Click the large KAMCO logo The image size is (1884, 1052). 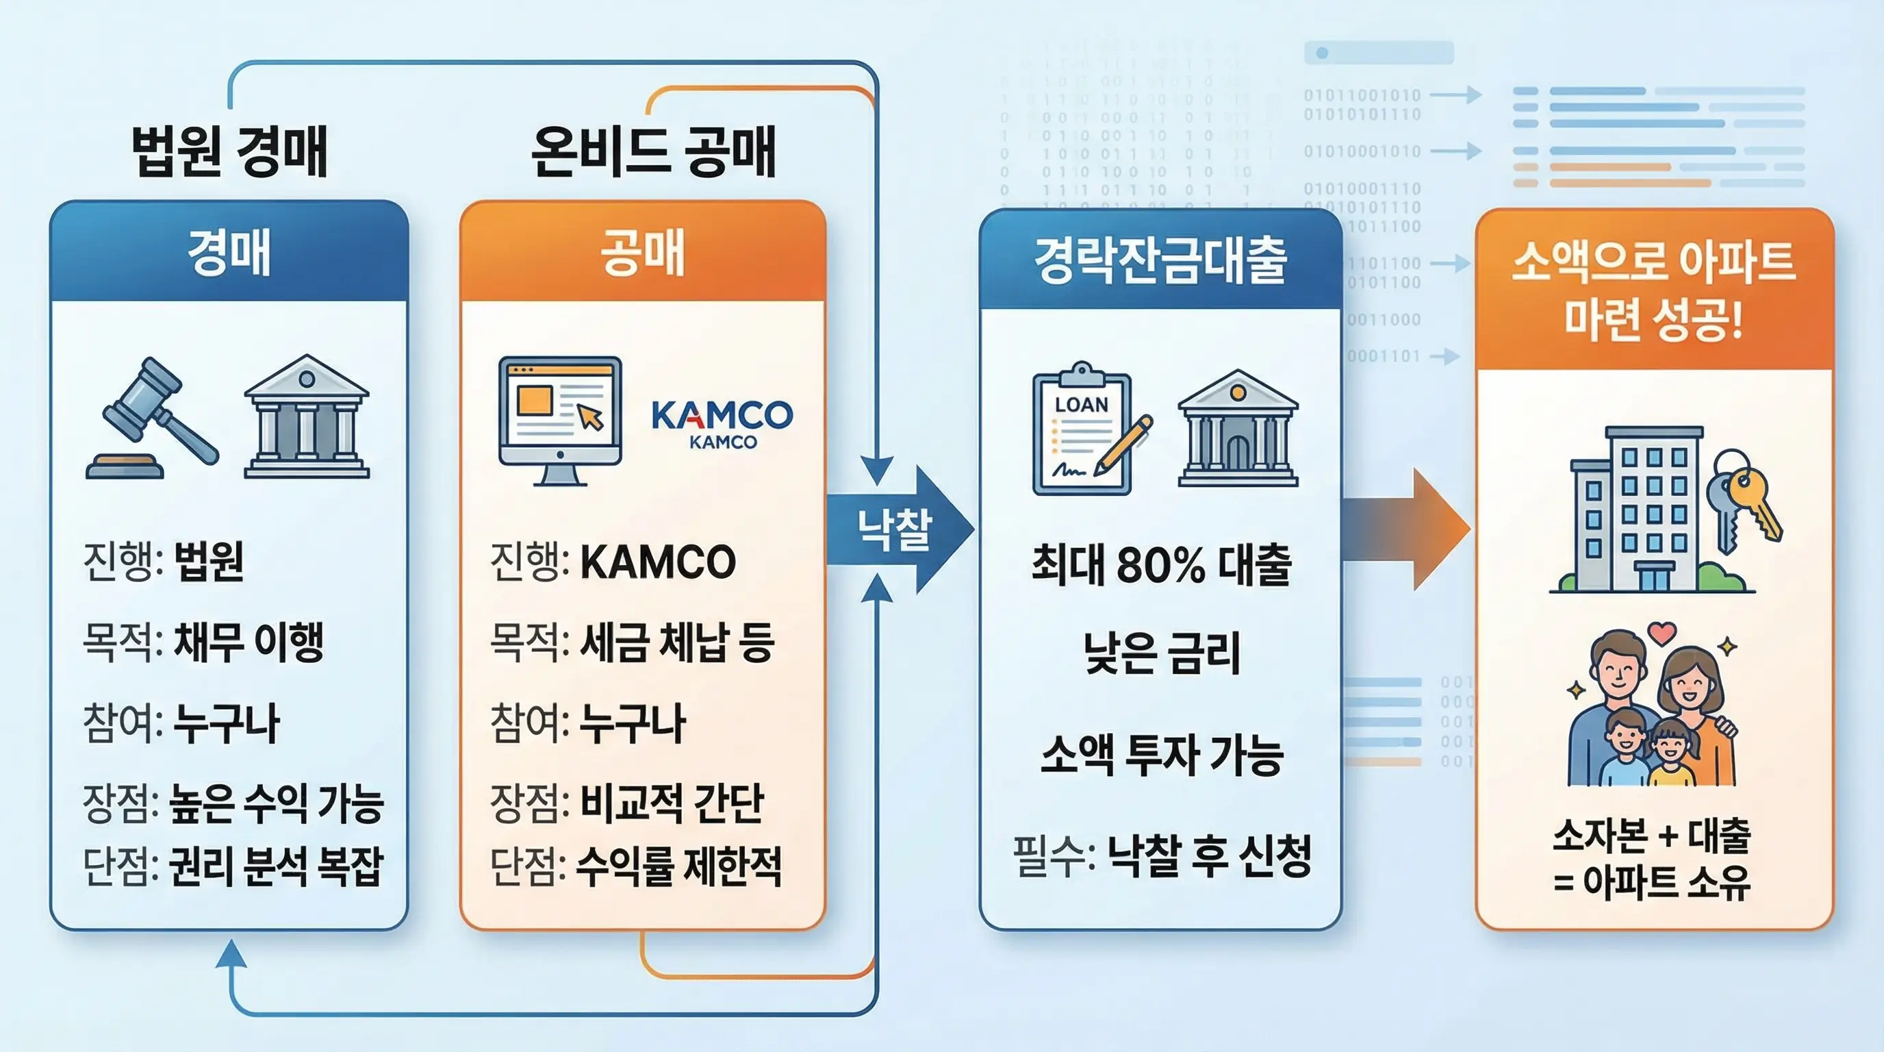[x=721, y=415]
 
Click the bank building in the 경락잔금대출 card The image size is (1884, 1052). [x=1238, y=430]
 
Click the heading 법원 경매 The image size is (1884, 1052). [x=229, y=151]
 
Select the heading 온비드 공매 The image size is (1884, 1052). [x=653, y=151]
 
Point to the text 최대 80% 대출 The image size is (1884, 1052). [x=1161, y=565]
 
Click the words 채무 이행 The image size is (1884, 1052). [x=249, y=642]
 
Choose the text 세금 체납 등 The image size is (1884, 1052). [x=676, y=642]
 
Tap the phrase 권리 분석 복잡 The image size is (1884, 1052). [x=276, y=867]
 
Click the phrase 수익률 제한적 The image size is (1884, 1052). [x=678, y=867]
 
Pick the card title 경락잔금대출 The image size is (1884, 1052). [x=1160, y=261]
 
